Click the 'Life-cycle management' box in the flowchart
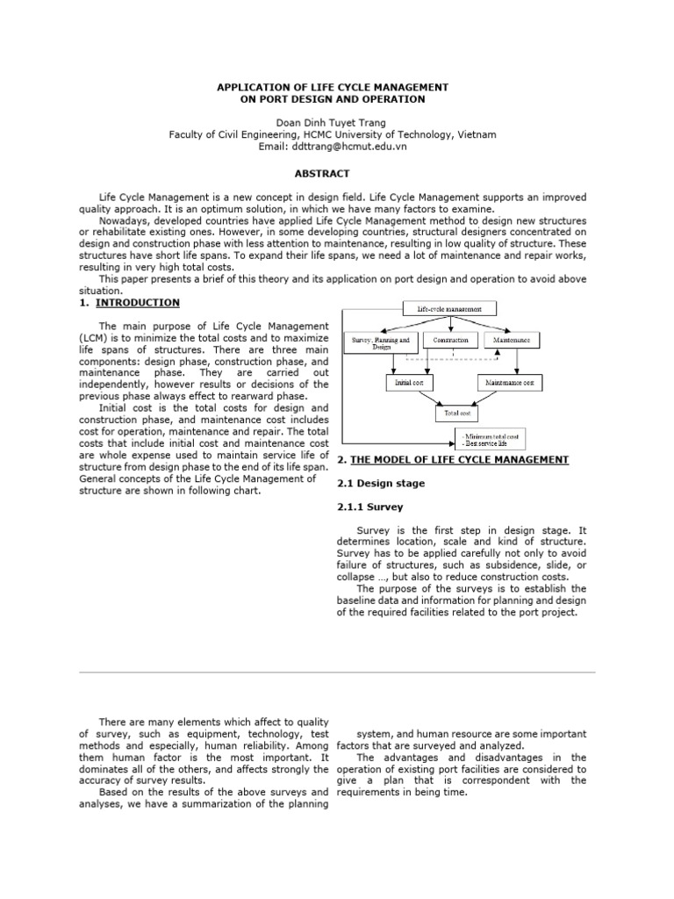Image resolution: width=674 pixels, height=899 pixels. pos(449,308)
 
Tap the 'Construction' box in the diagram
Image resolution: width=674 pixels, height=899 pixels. pos(451,339)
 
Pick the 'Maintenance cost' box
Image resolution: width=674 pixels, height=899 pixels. pos(512,383)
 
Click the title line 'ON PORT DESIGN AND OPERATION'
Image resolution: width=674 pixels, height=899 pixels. pos(332,99)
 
